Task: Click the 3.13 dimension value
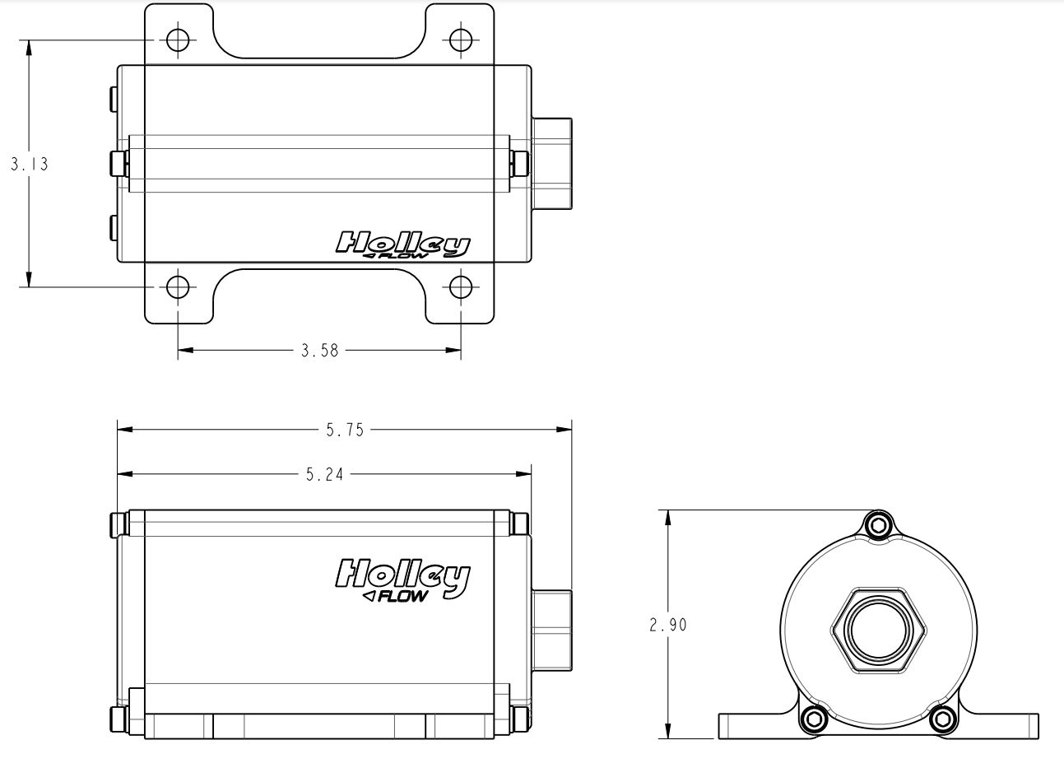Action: pos(30,165)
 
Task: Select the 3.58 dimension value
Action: pos(319,351)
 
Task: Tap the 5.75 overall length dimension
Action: pos(345,431)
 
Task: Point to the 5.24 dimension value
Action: pos(324,474)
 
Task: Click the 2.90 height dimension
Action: pos(668,625)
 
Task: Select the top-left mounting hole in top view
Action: pos(178,40)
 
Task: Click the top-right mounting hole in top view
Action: pos(461,40)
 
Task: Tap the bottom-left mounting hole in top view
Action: pos(178,287)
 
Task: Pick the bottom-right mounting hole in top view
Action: pos(461,287)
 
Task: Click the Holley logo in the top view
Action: pos(402,244)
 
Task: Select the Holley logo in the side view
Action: pos(402,578)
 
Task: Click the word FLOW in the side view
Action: pos(403,596)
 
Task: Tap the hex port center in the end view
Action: pos(878,631)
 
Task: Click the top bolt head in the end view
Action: pos(878,525)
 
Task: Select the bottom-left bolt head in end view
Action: pos(814,719)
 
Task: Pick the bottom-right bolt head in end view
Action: pos(942,719)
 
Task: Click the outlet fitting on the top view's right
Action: pos(552,164)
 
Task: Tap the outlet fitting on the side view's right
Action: pos(552,631)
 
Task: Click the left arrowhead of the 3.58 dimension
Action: pos(186,351)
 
